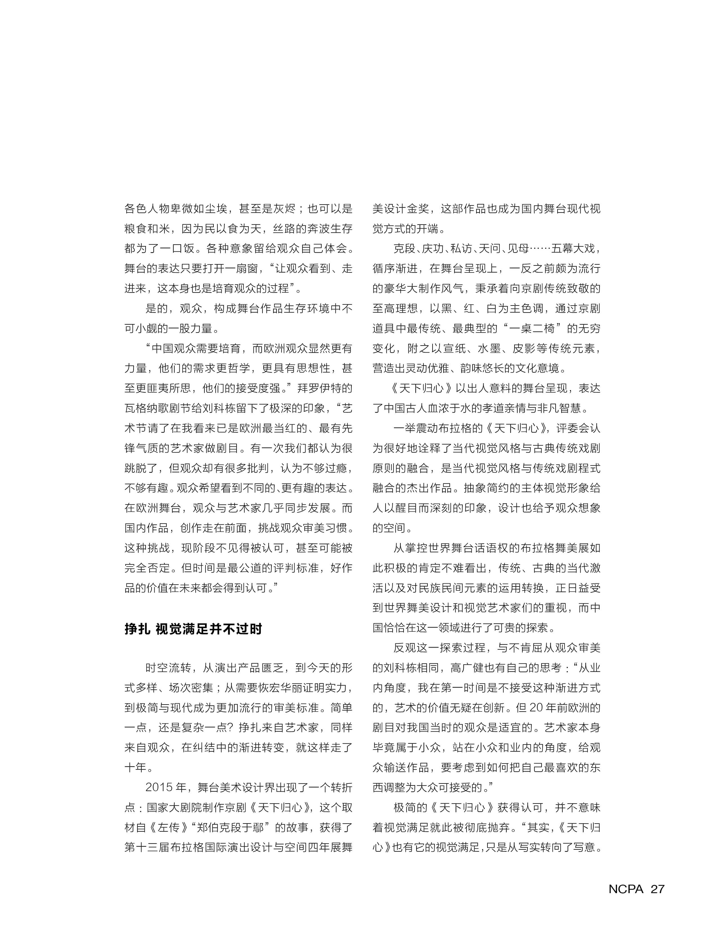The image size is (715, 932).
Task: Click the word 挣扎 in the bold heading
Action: pos(137,629)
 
